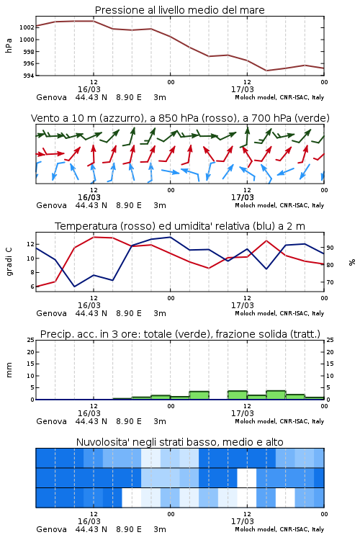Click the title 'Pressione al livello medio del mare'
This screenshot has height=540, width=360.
(x=179, y=10)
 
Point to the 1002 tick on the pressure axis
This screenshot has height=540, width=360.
(x=27, y=27)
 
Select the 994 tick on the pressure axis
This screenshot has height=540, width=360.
(x=28, y=76)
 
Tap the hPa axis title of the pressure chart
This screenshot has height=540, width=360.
(x=9, y=45)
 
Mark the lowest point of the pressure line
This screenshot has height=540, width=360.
(x=266, y=71)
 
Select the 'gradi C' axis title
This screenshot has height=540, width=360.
(x=9, y=261)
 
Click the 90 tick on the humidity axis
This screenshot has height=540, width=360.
(x=330, y=248)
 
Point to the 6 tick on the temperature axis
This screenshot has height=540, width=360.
(x=32, y=287)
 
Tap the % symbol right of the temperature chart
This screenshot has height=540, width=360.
(x=352, y=262)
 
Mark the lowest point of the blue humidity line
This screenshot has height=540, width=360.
(x=74, y=287)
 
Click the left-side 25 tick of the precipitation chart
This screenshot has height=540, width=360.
(x=31, y=340)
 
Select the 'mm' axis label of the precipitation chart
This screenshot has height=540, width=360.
(x=9, y=370)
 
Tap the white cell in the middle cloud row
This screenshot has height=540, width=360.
(x=247, y=478)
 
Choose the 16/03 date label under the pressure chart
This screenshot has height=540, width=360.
(x=89, y=89)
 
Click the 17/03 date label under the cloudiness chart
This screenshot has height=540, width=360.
(x=243, y=521)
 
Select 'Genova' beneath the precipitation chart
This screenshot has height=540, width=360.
(x=51, y=421)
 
